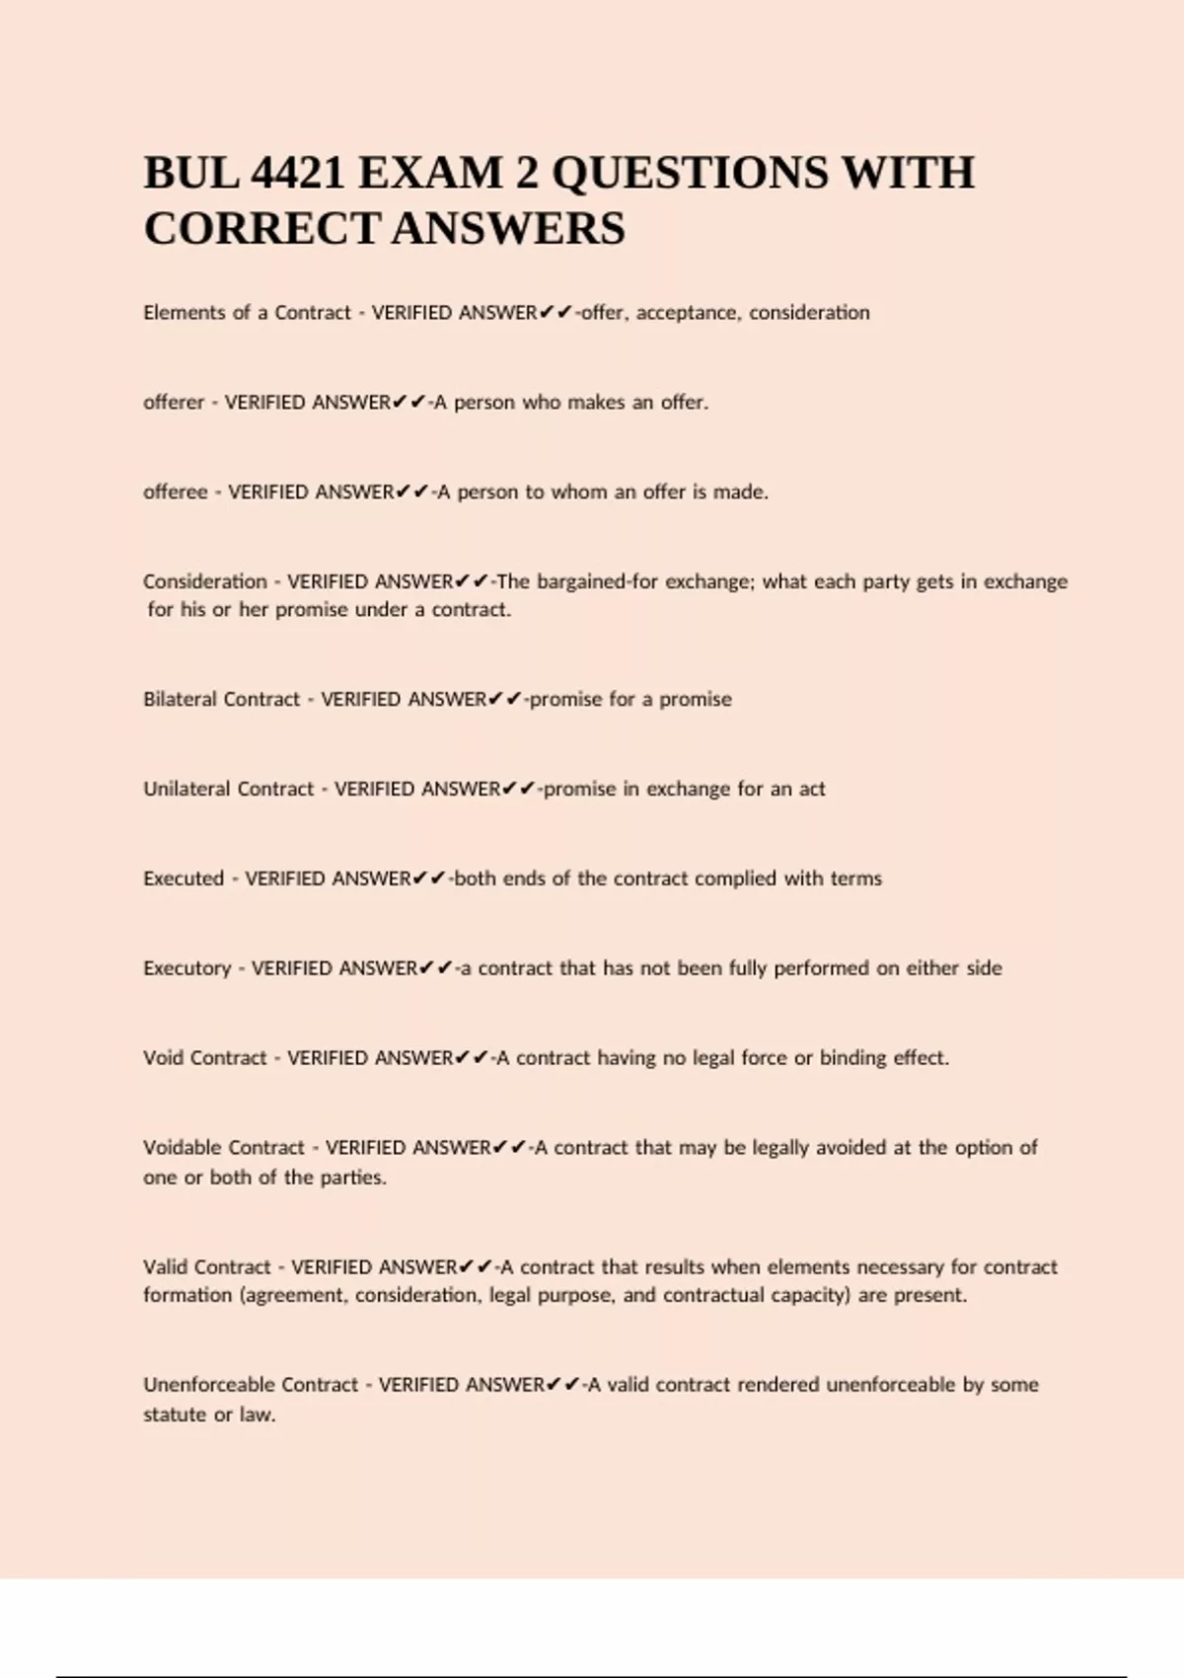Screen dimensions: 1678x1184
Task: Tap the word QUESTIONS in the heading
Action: pyautogui.click(x=690, y=174)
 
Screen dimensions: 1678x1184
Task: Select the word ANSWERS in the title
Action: pyautogui.click(x=509, y=229)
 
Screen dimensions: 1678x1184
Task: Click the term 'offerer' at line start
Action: pyautogui.click(x=174, y=403)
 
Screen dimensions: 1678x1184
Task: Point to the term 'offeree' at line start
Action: pyautogui.click(x=176, y=493)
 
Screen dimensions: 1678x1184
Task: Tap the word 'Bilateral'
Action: pyautogui.click(x=181, y=699)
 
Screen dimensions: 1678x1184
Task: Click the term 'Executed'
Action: pyautogui.click(x=184, y=878)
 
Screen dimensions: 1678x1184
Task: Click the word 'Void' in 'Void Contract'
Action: pyautogui.click(x=163, y=1058)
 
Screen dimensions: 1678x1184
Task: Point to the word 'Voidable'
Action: pyautogui.click(x=183, y=1148)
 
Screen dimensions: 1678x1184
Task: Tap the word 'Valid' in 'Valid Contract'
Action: pyautogui.click(x=165, y=1267)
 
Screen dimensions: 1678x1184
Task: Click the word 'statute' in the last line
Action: pyautogui.click(x=175, y=1414)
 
